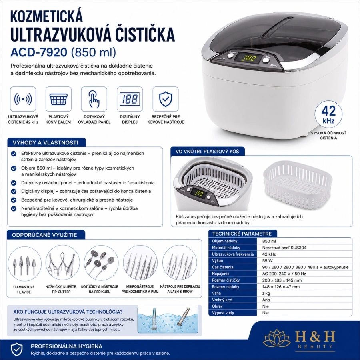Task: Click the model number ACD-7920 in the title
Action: [39, 52]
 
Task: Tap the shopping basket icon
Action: [58, 99]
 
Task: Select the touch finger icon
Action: [94, 99]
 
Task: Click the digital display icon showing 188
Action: [130, 99]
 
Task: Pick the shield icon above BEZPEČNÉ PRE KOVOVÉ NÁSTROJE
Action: [166, 99]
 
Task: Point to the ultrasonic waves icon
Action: [23, 99]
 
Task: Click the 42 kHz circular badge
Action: [328, 114]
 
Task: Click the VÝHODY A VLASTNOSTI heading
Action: [46, 142]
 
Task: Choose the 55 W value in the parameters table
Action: [267, 260]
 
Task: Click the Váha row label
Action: [216, 293]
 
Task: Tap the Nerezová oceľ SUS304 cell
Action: [284, 248]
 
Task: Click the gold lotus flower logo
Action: [277, 338]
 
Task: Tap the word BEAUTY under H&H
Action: [315, 346]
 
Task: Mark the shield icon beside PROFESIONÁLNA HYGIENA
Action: [17, 349]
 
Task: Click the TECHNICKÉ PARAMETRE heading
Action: [242, 234]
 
